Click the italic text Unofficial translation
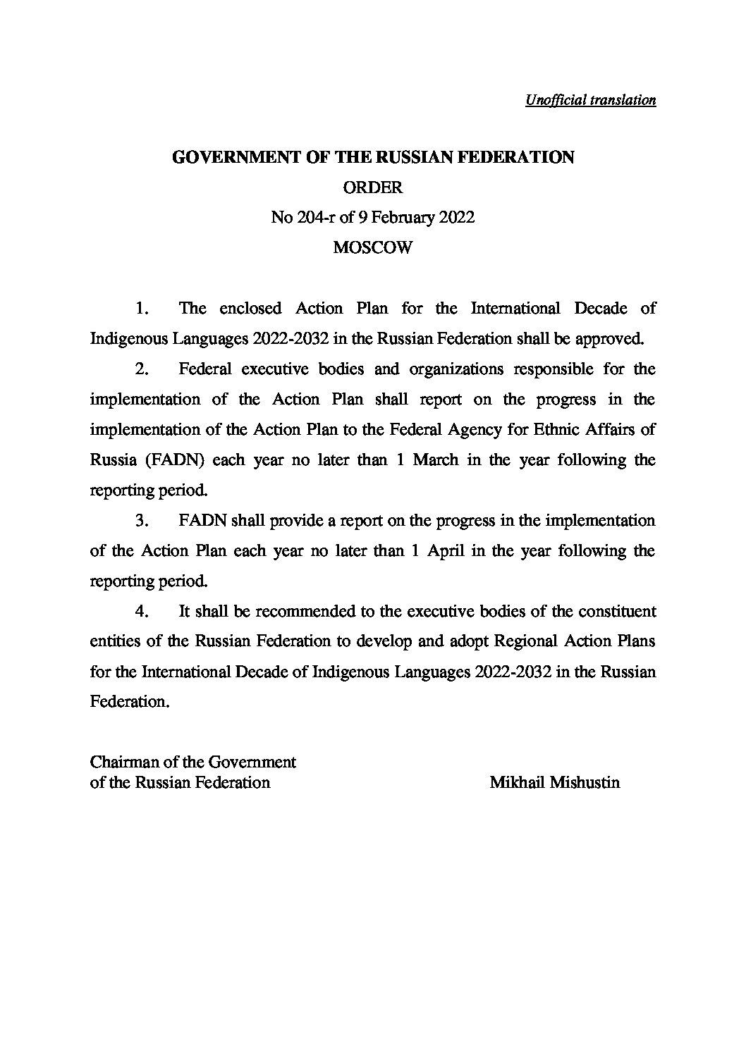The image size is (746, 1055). tap(590, 100)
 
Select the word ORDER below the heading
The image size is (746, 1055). tap(372, 187)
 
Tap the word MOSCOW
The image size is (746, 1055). tap(372, 248)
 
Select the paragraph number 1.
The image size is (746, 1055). tap(141, 309)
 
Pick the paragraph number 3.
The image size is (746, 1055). tap(141, 521)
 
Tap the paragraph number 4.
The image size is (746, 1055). tap(141, 612)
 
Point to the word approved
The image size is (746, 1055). tap(610, 339)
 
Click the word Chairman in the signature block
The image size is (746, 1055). tap(123, 763)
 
